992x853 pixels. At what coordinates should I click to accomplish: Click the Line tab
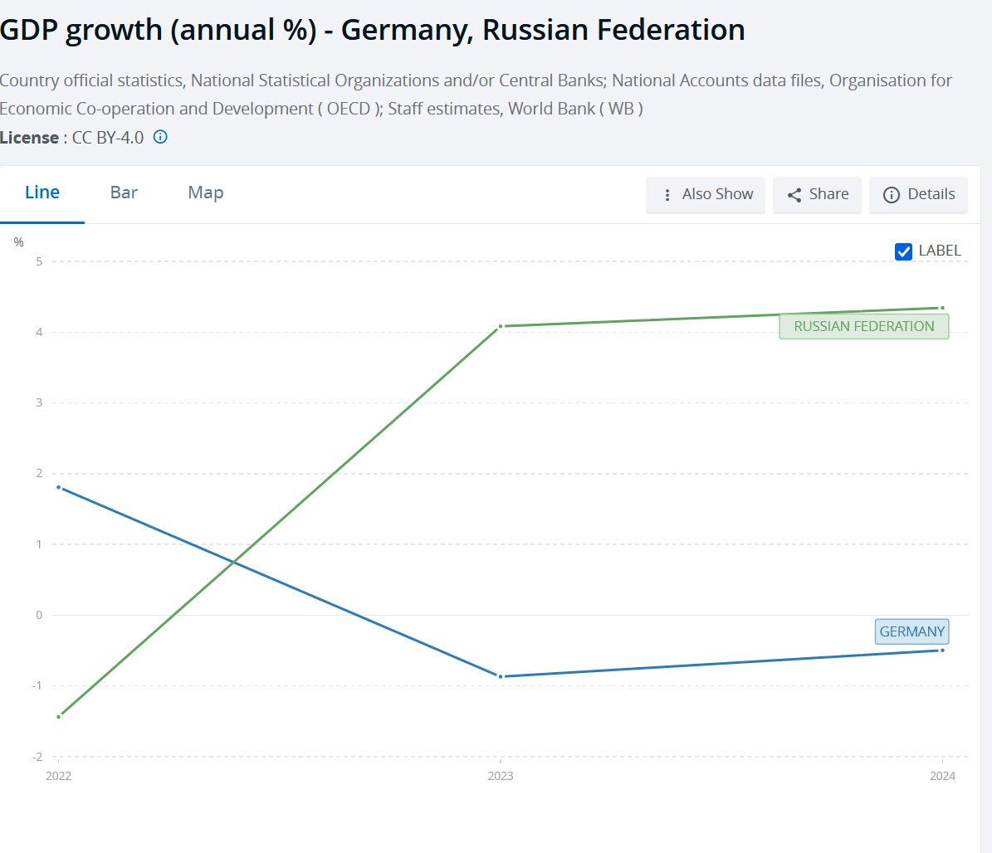42,193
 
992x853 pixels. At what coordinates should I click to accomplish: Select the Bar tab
124,193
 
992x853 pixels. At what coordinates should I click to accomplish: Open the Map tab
206,193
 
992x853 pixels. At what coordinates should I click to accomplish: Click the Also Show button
706,194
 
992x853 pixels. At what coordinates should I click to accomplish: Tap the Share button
818,194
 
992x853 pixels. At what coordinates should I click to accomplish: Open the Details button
919,194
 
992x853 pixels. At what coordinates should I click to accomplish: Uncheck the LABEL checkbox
904,251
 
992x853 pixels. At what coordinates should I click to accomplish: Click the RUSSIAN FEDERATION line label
863,326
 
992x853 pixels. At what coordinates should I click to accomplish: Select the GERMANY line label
911,631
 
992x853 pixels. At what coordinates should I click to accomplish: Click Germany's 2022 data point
58,487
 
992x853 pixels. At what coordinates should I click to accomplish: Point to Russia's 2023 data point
501,326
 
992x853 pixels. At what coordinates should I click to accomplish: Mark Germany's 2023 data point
501,676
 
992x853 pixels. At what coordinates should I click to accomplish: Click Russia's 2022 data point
58,716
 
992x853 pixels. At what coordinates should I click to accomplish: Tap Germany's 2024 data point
942,650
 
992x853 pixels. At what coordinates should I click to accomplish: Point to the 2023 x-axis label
501,776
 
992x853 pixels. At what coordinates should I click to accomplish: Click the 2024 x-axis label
942,776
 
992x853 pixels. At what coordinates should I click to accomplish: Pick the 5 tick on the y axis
39,261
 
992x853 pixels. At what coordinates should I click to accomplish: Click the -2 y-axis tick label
37,757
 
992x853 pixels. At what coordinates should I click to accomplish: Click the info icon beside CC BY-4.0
160,137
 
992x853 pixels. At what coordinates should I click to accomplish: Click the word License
29,138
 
